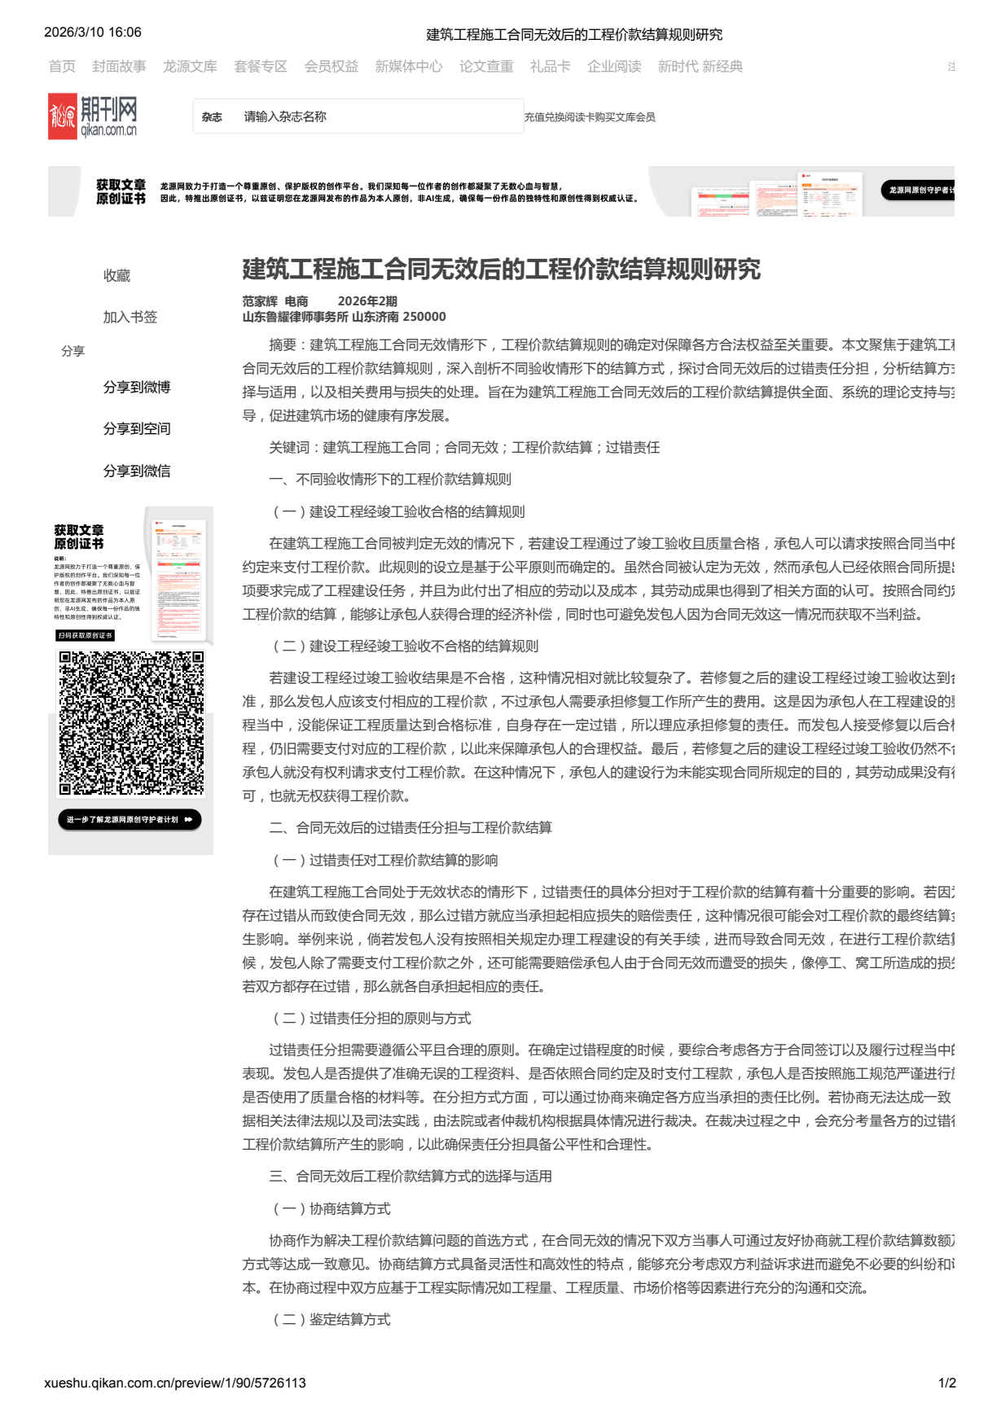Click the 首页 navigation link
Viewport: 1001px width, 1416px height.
tap(62, 67)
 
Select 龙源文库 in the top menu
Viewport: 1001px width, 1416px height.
tap(190, 67)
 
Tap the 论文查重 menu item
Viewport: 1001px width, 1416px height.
tap(486, 67)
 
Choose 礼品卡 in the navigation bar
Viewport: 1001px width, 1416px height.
tap(550, 67)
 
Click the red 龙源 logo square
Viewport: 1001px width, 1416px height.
tap(62, 116)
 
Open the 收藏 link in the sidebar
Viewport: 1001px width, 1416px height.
tap(116, 276)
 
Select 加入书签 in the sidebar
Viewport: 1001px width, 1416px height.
tap(130, 318)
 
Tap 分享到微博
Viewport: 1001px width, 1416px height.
tap(137, 388)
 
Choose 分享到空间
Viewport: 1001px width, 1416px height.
tap(137, 429)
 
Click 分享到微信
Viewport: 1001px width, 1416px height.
tap(137, 471)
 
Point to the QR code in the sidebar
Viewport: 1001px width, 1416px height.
tap(130, 723)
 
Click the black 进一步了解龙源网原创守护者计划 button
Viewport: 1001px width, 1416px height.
tap(130, 820)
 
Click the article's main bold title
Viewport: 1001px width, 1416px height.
tap(501, 270)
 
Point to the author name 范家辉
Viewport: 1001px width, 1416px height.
tap(260, 301)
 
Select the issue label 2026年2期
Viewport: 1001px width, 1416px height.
tap(367, 301)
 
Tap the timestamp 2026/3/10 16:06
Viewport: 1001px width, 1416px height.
tap(93, 33)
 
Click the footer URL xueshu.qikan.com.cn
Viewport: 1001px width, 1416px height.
tap(175, 1383)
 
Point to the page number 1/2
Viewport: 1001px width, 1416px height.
tap(946, 1383)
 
